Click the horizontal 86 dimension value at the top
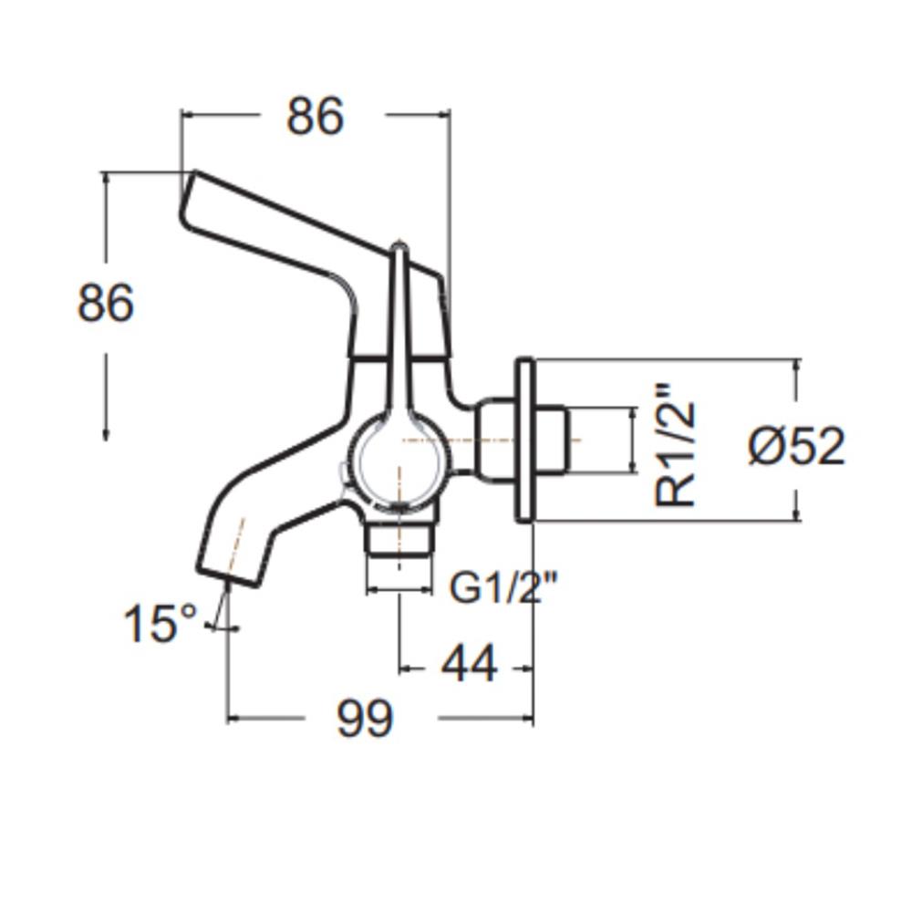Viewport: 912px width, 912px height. click(315, 117)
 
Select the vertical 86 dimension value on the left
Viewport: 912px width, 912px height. click(106, 303)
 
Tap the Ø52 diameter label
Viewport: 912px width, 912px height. click(797, 446)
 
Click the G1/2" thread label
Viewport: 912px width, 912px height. click(503, 587)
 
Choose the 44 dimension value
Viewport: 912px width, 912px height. click(470, 664)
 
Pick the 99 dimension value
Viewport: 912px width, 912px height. click(365, 718)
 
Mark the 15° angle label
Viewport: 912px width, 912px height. click(160, 624)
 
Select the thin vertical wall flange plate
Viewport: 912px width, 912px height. click(524, 440)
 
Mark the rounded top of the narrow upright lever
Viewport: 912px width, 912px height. click(399, 248)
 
